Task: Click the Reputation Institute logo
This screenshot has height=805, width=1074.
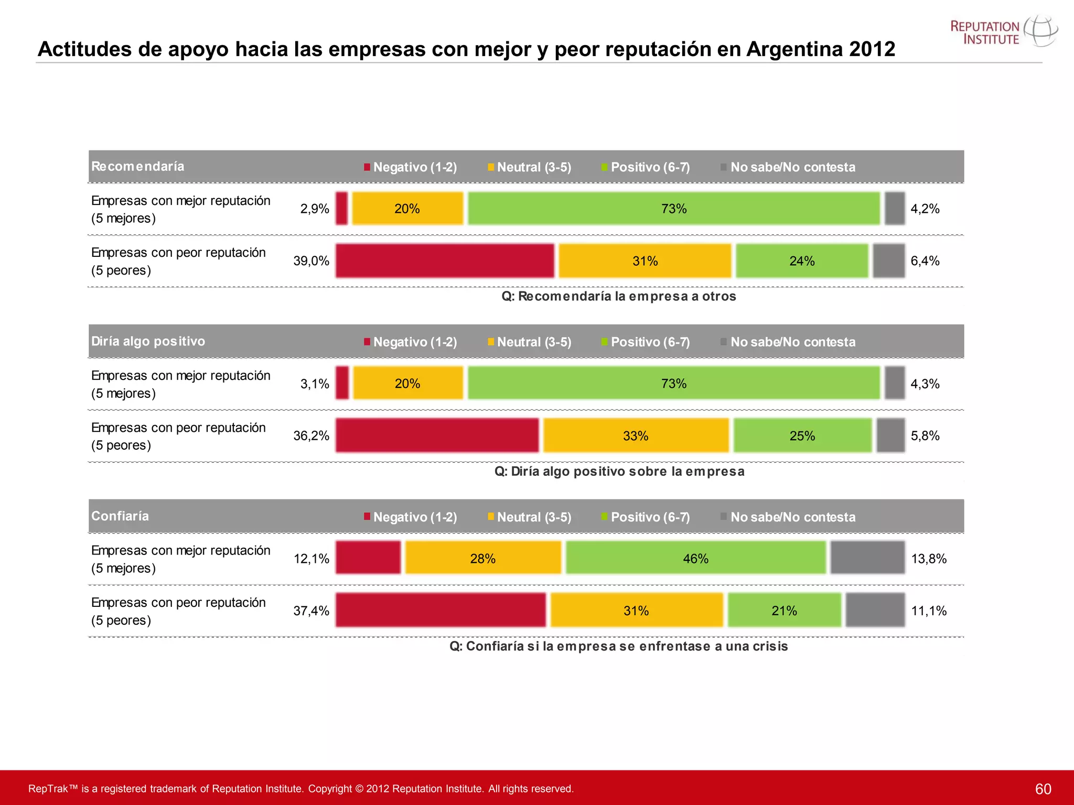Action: coord(1003,32)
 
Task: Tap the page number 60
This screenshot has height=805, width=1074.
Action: coord(1043,789)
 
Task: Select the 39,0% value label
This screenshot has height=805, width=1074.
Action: coord(311,261)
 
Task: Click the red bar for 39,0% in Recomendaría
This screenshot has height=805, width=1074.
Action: coord(445,261)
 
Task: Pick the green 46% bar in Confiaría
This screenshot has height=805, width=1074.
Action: coord(695,558)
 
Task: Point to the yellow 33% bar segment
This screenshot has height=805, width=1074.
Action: coord(636,436)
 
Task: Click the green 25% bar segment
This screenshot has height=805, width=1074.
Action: coord(802,436)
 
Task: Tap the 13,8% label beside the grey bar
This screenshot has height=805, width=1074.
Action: coord(929,559)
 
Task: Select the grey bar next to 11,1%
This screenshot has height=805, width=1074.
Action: coord(875,610)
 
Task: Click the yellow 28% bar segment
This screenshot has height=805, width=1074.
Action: coord(482,558)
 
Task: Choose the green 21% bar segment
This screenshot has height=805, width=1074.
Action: coord(784,610)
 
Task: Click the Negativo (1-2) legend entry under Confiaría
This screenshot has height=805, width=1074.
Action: coord(411,517)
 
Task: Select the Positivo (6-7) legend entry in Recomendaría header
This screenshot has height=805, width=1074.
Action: coord(646,167)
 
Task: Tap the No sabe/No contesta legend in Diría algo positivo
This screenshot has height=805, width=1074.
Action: coord(788,342)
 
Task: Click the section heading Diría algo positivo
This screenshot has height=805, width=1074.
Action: coord(148,341)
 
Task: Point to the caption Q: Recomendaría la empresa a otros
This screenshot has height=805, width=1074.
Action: coord(618,297)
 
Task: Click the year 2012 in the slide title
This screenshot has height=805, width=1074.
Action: coord(872,49)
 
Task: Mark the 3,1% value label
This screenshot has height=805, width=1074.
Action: coord(315,384)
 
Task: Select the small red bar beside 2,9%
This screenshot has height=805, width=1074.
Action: coord(341,209)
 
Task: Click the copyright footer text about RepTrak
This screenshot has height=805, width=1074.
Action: coord(301,789)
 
